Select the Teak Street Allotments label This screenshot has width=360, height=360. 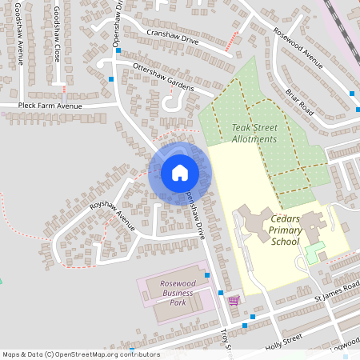254,133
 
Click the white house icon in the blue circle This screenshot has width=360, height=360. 179,173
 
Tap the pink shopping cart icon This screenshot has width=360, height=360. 234,301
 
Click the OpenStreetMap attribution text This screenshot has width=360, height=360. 80,354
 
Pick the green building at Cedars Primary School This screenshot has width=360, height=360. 315,251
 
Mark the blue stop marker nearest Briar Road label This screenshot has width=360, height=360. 353,94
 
